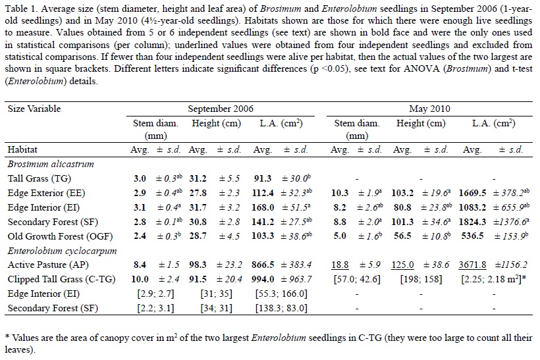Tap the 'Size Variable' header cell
[x=34, y=109]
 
